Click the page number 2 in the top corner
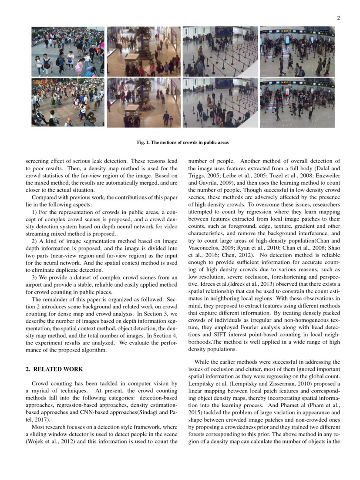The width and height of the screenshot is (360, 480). pyautogui.click(x=338, y=18)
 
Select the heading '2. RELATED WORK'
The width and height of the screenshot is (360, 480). pyautogui.click(x=54, y=369)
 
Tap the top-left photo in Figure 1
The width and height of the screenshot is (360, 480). pyautogui.click(x=68, y=51)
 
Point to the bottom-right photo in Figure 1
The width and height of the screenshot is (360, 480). pyautogui.click(x=297, y=103)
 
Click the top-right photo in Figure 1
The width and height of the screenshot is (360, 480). pyautogui.click(x=297, y=51)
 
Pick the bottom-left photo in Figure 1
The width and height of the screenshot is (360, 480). pyautogui.click(x=68, y=103)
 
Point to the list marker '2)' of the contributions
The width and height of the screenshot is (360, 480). pyautogui.click(x=35, y=241)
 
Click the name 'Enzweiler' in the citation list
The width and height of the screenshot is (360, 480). pyautogui.click(x=328, y=176)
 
